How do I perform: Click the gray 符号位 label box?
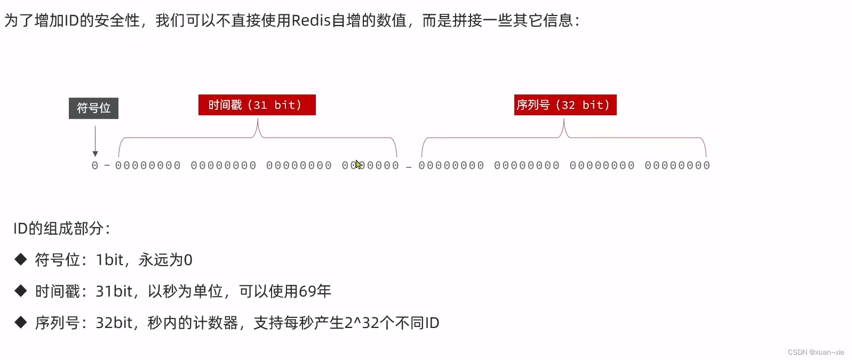(x=93, y=108)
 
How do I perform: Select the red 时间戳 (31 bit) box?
(x=257, y=105)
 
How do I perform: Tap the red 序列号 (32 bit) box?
(x=565, y=105)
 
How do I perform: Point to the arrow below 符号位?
(x=95, y=141)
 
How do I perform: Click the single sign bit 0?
(x=95, y=166)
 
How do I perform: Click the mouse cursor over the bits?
(x=358, y=164)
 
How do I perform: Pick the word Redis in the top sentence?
(x=311, y=20)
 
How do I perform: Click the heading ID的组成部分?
(x=61, y=229)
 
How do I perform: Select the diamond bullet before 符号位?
(x=21, y=260)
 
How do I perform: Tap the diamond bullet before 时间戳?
(x=21, y=291)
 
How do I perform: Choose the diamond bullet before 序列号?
(x=21, y=322)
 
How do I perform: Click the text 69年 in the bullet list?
(x=315, y=291)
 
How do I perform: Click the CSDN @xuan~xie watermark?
(x=816, y=352)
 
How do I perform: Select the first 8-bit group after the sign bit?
(x=148, y=166)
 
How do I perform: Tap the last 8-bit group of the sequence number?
(x=677, y=166)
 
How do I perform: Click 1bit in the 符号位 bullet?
(x=109, y=260)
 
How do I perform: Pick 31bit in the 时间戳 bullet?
(x=114, y=291)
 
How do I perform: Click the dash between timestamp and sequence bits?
(x=409, y=167)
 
